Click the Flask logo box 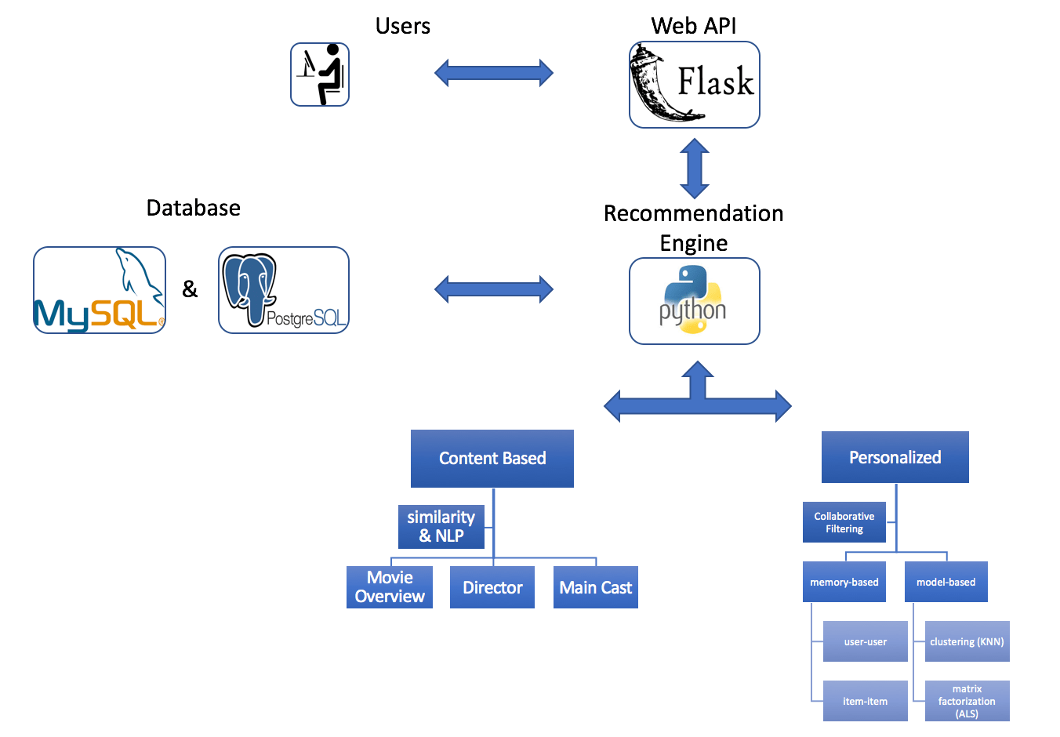(694, 85)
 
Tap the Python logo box (694, 301)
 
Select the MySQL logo (100, 290)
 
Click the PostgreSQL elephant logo (283, 290)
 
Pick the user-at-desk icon (320, 74)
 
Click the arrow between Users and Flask (494, 73)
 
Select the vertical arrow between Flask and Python (695, 168)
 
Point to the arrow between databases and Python (494, 289)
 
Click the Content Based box (492, 459)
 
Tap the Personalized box (895, 457)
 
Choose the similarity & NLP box (441, 526)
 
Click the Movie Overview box (390, 587)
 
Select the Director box (492, 587)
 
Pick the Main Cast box (596, 587)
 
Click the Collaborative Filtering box (844, 522)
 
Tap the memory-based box (844, 582)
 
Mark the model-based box (946, 582)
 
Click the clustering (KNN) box (967, 641)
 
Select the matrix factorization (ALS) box (967, 701)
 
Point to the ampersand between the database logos (190, 289)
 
